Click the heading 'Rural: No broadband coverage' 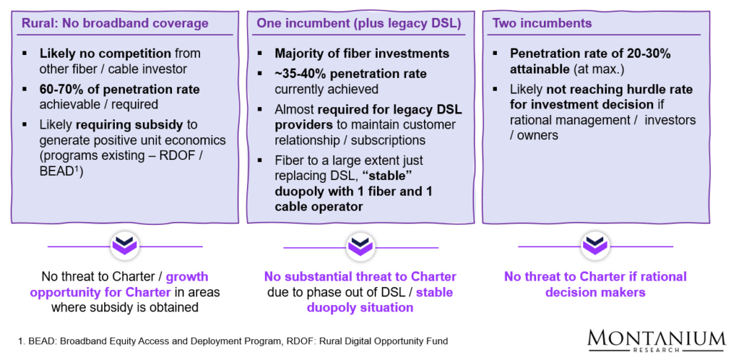tap(124, 24)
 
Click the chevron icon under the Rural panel tap(124, 246)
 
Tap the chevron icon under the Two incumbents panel tap(595, 246)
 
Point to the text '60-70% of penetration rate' tap(119, 89)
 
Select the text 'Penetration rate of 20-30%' tap(590, 54)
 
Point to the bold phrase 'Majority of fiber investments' tap(362, 54)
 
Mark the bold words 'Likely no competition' tap(105, 54)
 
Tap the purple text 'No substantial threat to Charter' tap(360, 276)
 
